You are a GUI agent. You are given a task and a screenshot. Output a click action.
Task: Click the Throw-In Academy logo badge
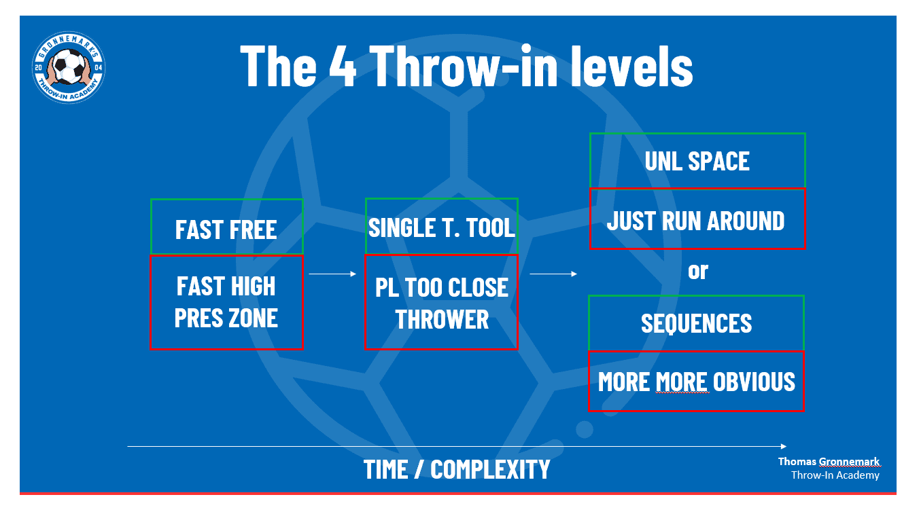click(69, 67)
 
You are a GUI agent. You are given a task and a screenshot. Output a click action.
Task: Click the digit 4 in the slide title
click(342, 66)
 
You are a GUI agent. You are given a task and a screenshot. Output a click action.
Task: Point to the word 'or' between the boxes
click(698, 271)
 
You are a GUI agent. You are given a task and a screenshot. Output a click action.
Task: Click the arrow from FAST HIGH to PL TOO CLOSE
click(332, 274)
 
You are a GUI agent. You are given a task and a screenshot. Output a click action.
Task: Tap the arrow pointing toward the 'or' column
click(553, 274)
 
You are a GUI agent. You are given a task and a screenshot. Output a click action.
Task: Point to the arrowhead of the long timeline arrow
click(784, 446)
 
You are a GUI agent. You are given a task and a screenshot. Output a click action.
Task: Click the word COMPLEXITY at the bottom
click(490, 469)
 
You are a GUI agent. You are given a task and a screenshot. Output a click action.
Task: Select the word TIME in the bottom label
click(385, 469)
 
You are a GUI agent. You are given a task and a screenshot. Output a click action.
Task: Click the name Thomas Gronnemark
click(829, 462)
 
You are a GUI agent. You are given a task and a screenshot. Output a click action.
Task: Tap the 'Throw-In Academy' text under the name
click(835, 475)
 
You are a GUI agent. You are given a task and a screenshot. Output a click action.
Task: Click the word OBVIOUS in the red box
click(754, 382)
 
